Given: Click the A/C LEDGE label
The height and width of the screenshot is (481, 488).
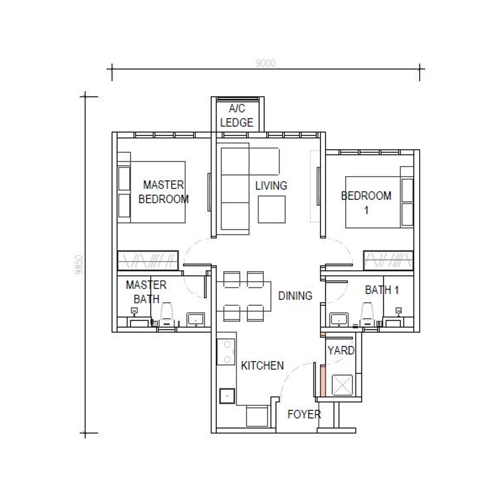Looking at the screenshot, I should [x=237, y=115].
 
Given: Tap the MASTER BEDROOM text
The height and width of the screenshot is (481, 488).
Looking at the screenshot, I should [x=163, y=192].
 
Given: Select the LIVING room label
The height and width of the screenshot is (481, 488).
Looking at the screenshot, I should [x=271, y=185].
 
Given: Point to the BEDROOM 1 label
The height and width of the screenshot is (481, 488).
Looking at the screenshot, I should [x=366, y=202].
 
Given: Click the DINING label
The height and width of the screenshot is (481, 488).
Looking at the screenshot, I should [x=295, y=296].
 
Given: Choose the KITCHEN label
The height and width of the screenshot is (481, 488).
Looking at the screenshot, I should [x=262, y=366].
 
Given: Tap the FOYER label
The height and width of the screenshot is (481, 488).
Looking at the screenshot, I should [x=304, y=414].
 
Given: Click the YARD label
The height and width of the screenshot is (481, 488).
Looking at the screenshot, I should [x=341, y=351].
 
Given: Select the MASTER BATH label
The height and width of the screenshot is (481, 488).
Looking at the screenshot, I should [x=146, y=292].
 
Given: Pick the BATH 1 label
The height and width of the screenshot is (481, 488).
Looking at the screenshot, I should [x=382, y=290].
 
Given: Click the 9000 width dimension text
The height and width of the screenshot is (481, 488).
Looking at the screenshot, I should [x=265, y=63].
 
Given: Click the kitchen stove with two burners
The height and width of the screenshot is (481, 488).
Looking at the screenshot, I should [x=227, y=352].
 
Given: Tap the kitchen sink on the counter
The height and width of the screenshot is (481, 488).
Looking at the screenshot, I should [x=227, y=396].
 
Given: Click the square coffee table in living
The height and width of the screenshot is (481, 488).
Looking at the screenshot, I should [x=272, y=209].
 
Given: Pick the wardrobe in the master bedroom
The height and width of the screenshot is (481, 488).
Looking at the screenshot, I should [x=148, y=260].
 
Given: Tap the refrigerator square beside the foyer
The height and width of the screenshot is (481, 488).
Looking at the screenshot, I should [x=256, y=416].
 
